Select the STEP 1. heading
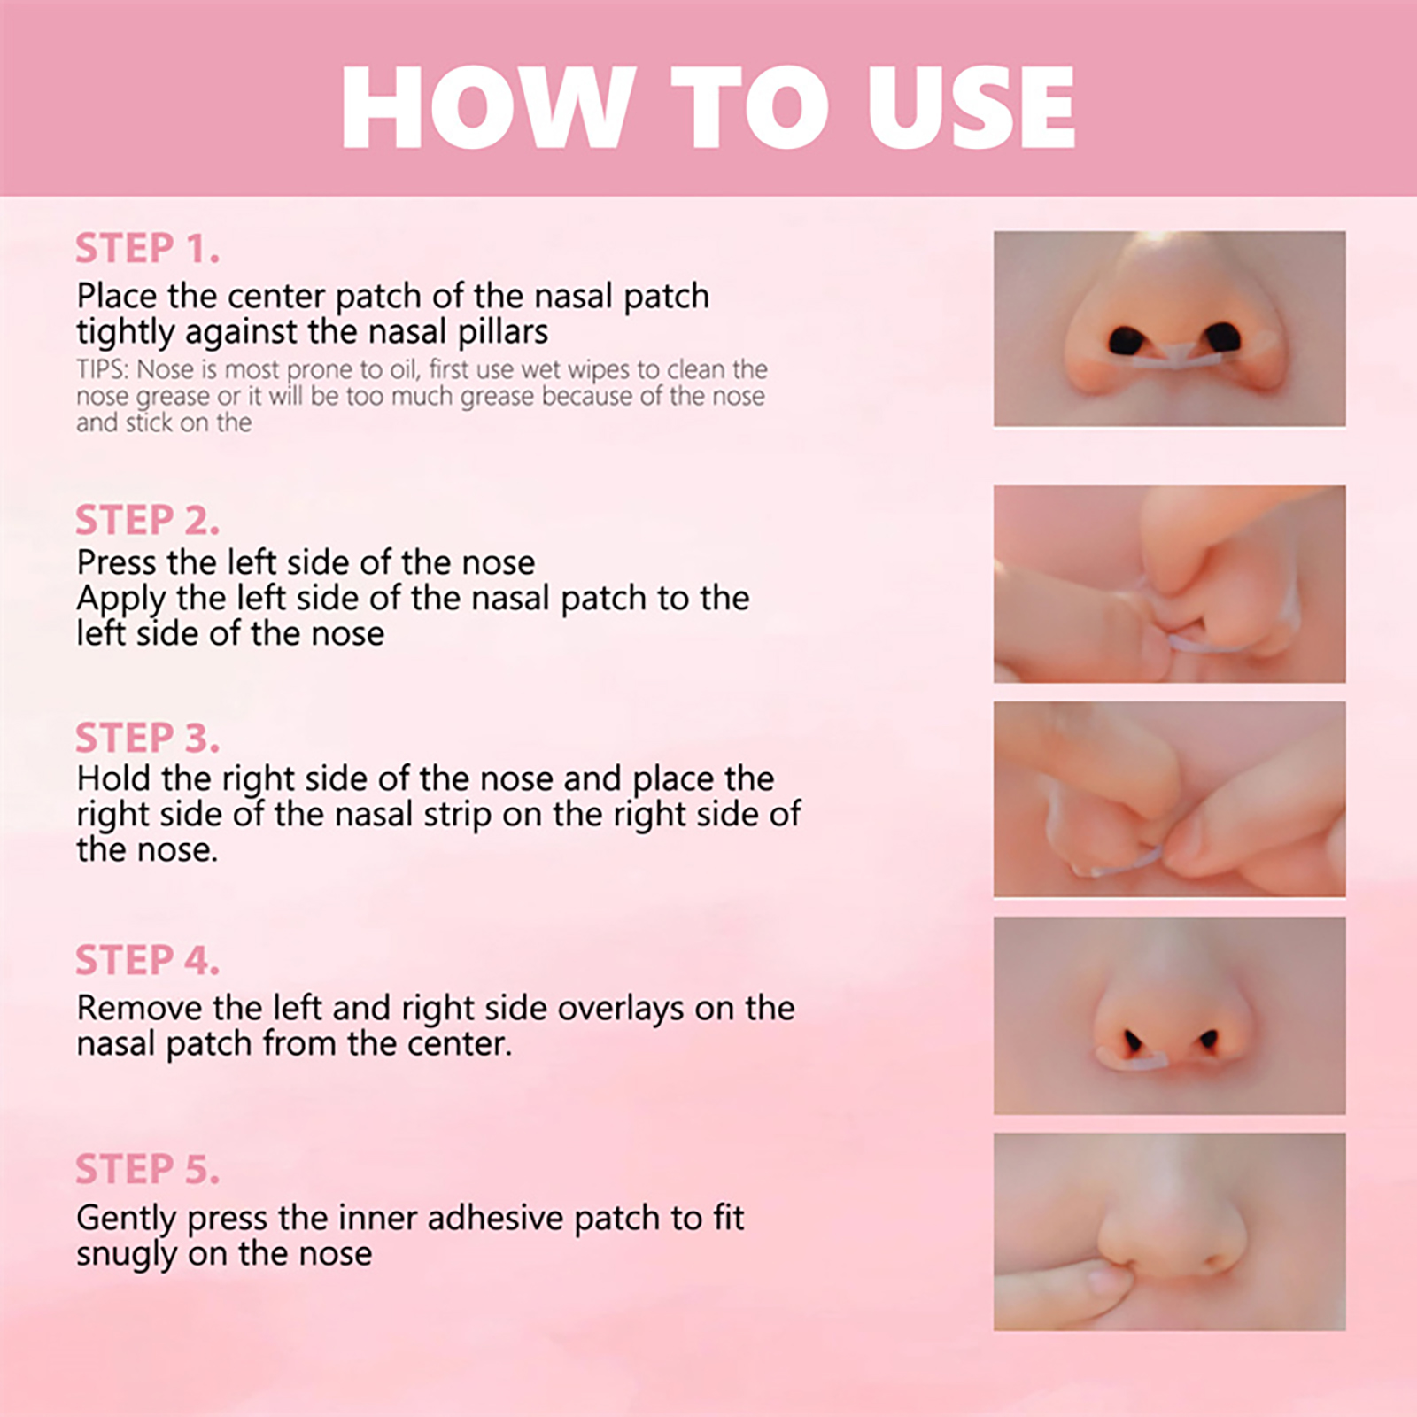(147, 248)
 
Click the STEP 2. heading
(147, 520)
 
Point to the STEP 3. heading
(147, 738)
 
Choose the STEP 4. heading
(147, 960)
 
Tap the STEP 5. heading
(147, 1169)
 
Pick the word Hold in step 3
(114, 778)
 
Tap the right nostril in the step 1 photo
(1222, 337)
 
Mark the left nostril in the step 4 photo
(1133, 1041)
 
